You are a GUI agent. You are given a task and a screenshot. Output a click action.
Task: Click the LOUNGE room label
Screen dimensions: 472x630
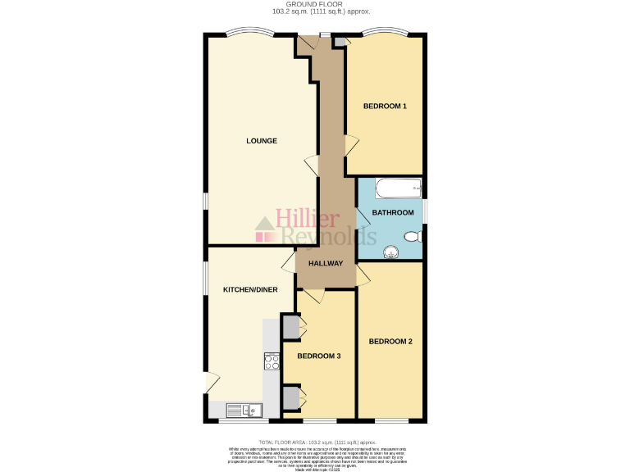click(x=262, y=141)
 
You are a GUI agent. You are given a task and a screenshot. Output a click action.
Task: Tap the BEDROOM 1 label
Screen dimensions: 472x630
click(x=385, y=107)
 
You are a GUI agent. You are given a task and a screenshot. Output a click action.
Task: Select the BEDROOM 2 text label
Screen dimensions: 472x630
click(x=390, y=341)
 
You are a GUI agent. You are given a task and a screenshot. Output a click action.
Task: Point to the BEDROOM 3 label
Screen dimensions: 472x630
click(x=318, y=356)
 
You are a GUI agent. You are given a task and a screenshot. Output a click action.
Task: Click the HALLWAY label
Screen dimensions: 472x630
click(x=326, y=264)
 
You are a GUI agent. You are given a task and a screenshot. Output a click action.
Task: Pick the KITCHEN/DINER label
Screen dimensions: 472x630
click(x=250, y=290)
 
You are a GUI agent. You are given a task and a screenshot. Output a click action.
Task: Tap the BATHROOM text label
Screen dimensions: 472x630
click(x=393, y=213)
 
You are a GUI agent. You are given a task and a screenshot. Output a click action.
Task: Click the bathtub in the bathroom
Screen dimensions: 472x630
click(x=398, y=189)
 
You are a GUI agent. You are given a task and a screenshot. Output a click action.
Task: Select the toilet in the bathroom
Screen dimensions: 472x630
click(x=413, y=236)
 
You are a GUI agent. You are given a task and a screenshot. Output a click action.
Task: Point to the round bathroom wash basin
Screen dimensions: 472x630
click(x=391, y=249)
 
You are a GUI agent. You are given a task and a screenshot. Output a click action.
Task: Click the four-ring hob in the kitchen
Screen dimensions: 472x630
click(x=272, y=361)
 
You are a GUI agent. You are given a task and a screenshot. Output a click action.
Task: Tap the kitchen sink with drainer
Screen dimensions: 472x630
click(x=244, y=410)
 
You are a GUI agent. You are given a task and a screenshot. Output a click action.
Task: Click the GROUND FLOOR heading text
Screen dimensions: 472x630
click(x=315, y=5)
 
